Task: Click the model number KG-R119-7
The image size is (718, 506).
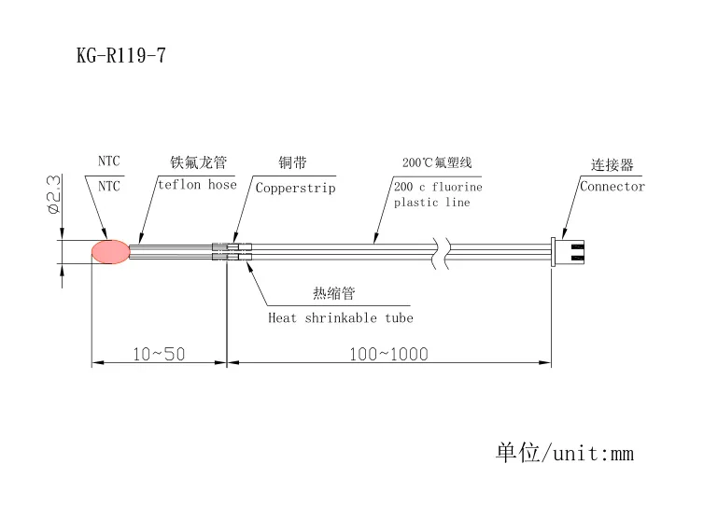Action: [120, 56]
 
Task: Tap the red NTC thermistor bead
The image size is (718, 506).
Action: [110, 251]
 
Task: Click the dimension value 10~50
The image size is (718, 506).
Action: [159, 354]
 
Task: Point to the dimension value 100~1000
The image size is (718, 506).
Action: [388, 354]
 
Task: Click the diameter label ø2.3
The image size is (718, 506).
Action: [53, 194]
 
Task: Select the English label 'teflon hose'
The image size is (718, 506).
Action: [197, 185]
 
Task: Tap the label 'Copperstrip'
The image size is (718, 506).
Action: [295, 187]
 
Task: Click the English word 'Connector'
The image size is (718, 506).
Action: [612, 186]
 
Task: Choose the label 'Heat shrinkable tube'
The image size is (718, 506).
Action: [341, 317]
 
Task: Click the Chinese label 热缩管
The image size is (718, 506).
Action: [333, 294]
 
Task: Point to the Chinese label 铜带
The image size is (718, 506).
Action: [292, 162]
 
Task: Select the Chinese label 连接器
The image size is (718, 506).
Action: [612, 165]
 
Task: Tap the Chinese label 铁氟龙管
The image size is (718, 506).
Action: [198, 162]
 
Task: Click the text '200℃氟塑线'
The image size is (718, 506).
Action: [437, 162]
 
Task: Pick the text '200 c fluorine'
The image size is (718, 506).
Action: [438, 186]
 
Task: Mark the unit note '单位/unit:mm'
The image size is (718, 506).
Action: [564, 454]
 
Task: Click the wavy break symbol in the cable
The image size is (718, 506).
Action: [442, 251]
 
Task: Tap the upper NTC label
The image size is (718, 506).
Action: [109, 162]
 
